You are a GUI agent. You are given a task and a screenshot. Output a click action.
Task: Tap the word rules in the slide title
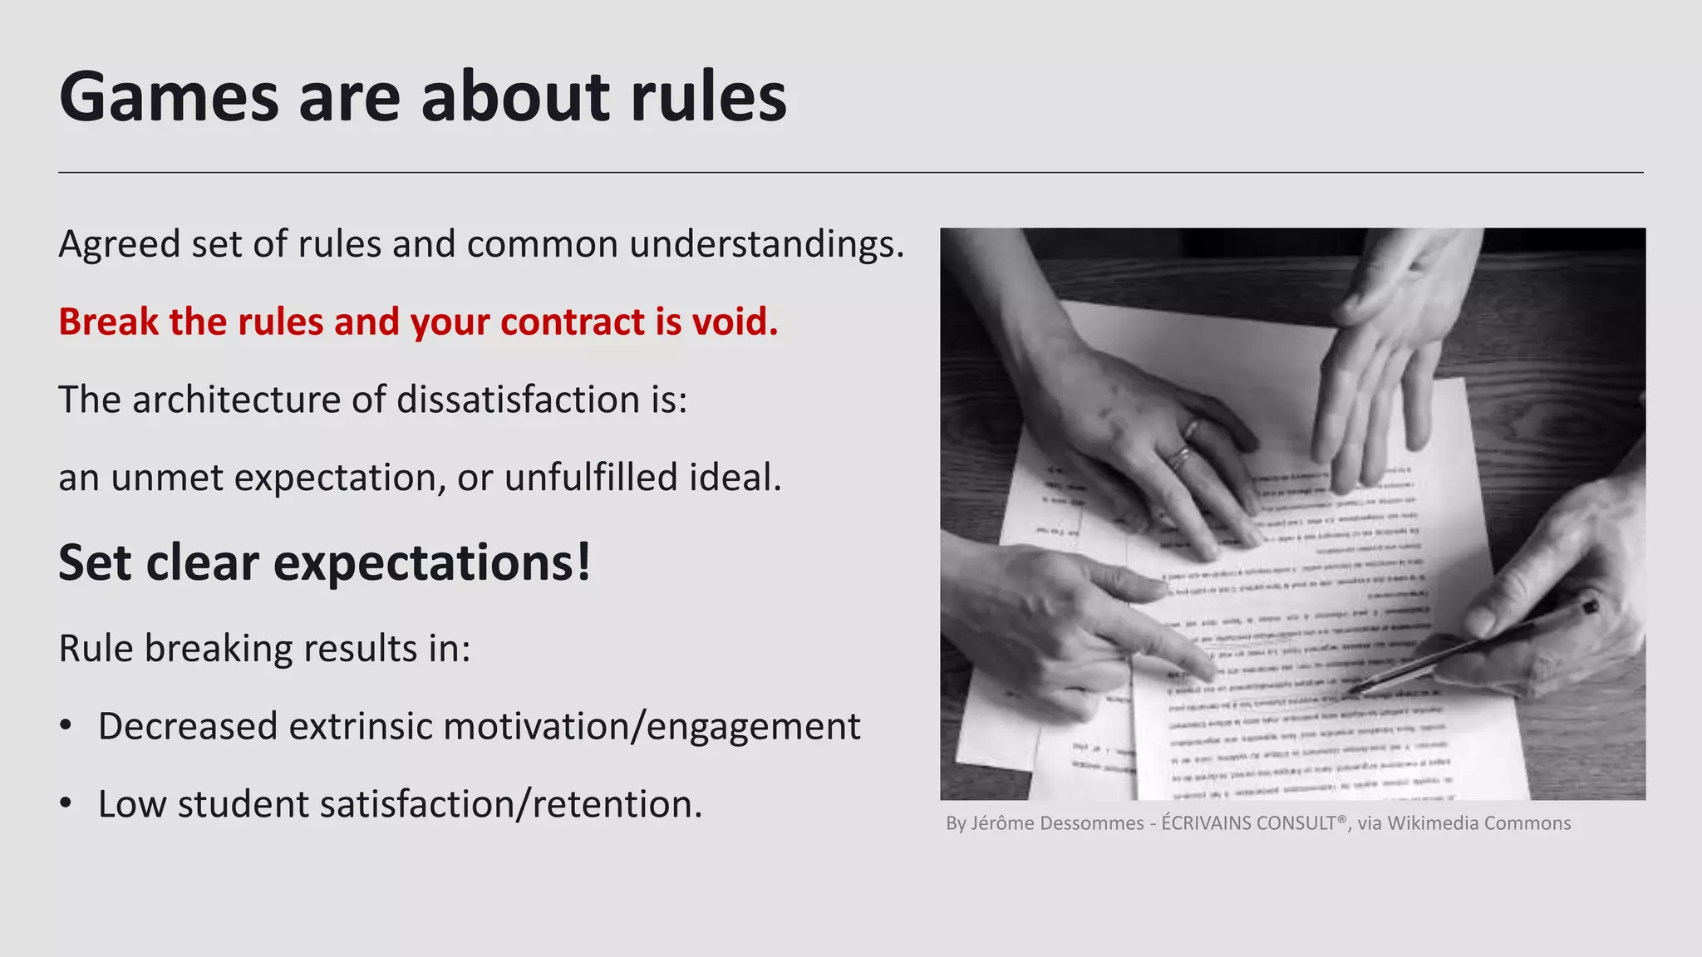click(x=708, y=98)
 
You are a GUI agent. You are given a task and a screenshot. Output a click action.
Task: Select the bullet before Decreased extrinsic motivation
click(x=66, y=726)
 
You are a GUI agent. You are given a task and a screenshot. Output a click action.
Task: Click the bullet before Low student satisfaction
click(x=66, y=804)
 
